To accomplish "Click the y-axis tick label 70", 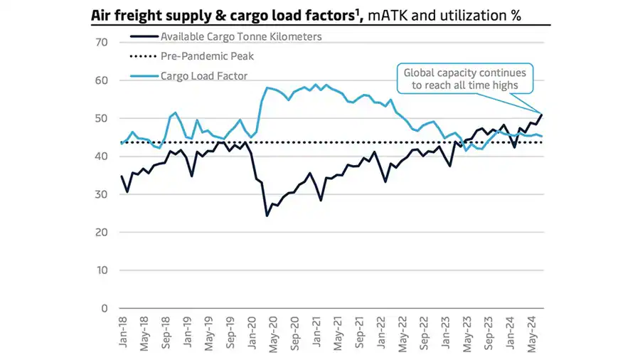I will tap(101, 42).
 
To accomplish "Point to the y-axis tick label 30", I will tap(101, 194).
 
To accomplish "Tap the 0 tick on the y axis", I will tap(104, 308).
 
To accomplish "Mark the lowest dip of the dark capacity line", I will tap(267, 216).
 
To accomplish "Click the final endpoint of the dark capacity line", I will tap(543, 115).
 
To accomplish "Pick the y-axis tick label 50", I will tap(101, 118).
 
